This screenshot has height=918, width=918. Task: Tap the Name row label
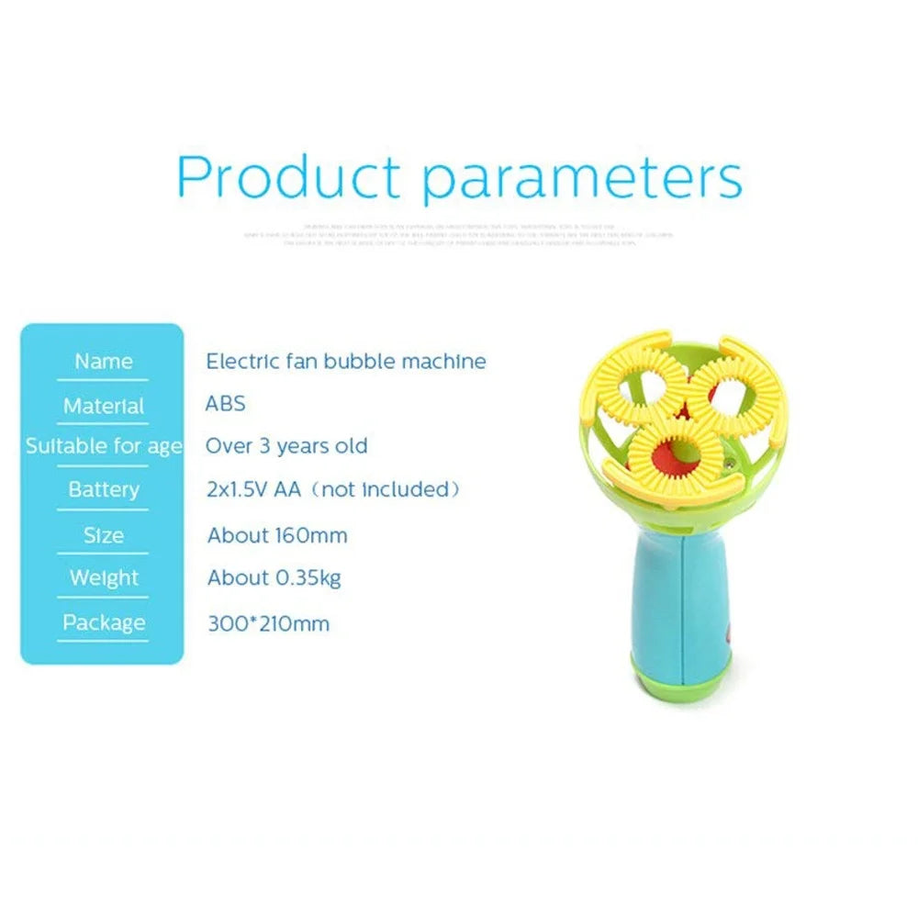103,362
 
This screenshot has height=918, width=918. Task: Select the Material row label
103,406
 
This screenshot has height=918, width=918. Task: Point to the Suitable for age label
104,447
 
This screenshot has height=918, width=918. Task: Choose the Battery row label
103,489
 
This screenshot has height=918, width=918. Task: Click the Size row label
103,535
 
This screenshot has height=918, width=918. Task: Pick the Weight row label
103,578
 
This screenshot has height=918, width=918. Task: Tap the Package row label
103,622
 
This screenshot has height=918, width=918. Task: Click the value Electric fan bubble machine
345,362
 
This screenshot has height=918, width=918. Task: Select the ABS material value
225,404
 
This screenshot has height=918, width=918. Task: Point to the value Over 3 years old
285,447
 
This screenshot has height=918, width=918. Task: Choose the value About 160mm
277,535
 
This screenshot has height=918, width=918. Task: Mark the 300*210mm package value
268,625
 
